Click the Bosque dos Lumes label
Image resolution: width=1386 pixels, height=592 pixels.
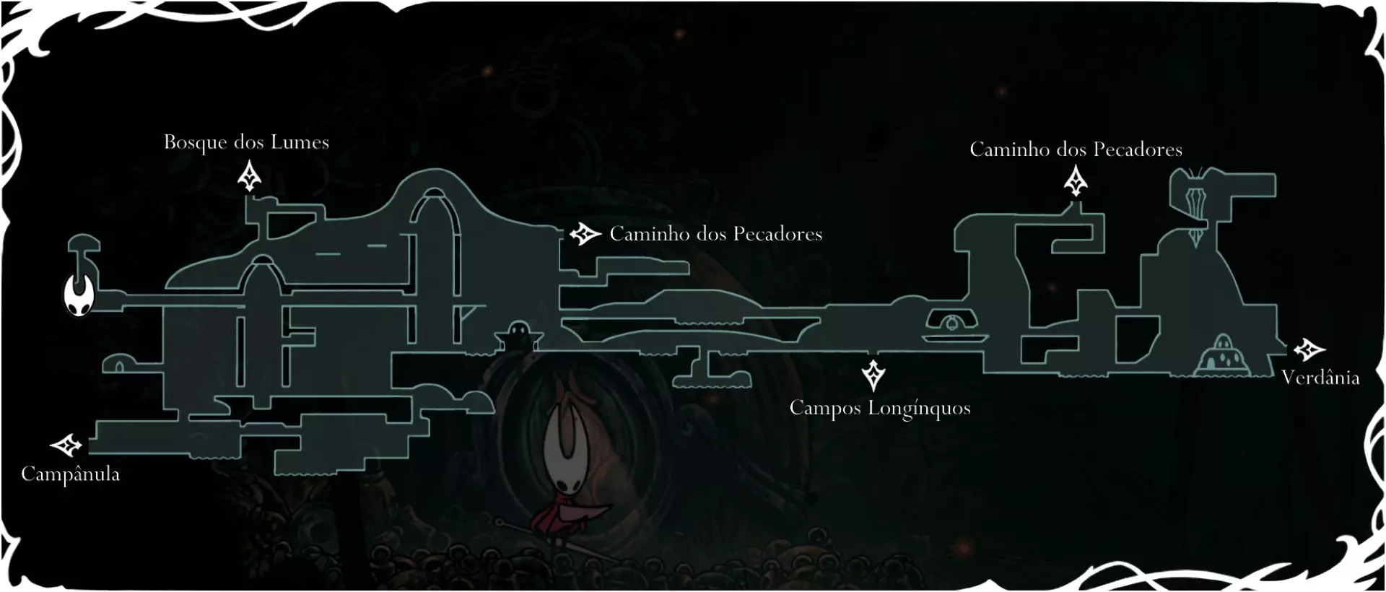(x=246, y=142)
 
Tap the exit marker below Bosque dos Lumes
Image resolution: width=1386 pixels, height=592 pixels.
(x=250, y=177)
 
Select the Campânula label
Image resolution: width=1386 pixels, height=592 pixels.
(x=70, y=474)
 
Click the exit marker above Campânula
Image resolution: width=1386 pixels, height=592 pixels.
(x=66, y=445)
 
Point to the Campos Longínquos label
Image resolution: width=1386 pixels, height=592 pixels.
(x=880, y=409)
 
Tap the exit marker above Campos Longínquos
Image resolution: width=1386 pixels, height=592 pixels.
(x=873, y=375)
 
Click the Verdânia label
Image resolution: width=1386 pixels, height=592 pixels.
(x=1320, y=378)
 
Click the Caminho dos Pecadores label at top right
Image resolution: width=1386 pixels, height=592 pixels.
(x=1076, y=149)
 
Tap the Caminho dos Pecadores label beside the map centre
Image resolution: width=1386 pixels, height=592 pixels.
(x=716, y=234)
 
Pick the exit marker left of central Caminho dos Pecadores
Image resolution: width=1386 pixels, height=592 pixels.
(x=585, y=234)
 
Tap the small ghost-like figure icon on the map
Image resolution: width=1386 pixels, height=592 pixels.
(x=518, y=337)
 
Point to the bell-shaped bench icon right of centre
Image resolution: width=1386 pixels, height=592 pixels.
(x=954, y=323)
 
